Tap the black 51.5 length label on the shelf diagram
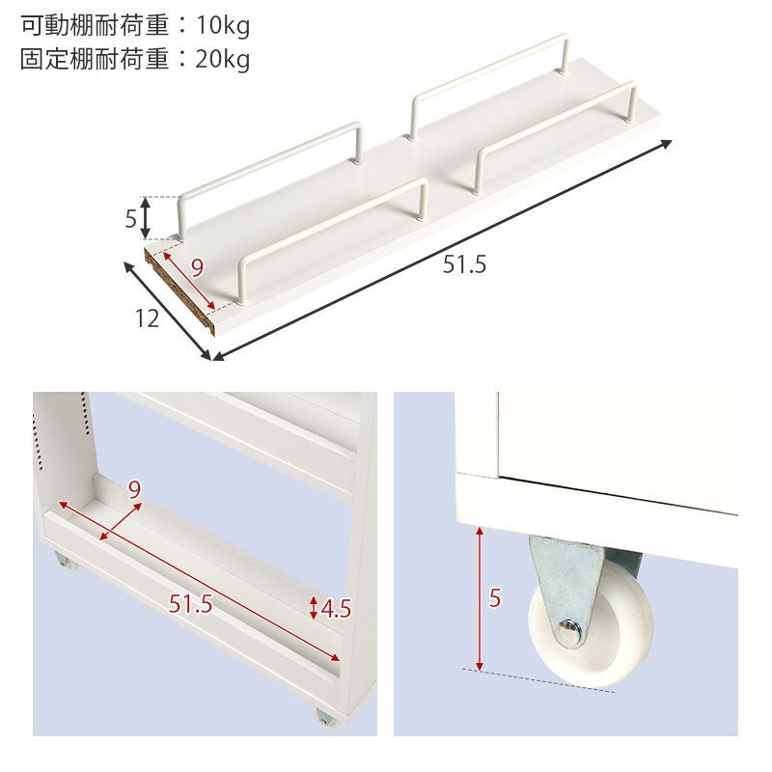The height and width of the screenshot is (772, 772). [464, 263]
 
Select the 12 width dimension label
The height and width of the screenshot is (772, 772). [147, 318]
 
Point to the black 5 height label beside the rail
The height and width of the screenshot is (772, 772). [130, 219]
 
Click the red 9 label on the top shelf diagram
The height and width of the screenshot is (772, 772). [197, 268]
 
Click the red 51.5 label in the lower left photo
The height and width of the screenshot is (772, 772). [190, 605]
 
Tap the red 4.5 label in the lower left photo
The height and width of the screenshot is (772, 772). [335, 609]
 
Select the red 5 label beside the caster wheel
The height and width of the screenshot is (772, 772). [495, 598]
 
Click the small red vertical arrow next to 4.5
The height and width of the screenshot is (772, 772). [313, 608]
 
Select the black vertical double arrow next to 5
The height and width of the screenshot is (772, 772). [146, 218]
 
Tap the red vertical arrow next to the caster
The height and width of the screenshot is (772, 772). [479, 598]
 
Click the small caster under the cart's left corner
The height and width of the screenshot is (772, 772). [63, 561]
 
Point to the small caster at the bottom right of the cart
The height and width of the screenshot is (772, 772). [324, 719]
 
